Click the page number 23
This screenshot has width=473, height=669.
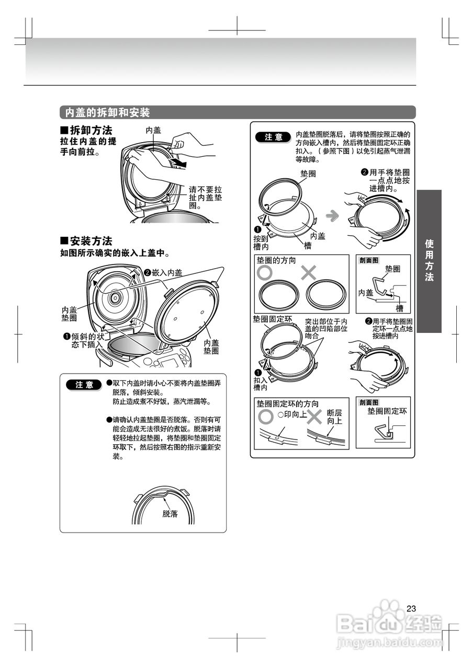(x=411, y=608)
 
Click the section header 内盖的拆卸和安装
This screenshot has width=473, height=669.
(x=107, y=112)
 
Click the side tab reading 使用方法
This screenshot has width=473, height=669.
(x=429, y=260)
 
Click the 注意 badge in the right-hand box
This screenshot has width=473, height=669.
(x=273, y=137)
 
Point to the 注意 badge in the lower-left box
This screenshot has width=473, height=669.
(x=84, y=385)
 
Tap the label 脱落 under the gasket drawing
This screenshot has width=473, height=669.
(x=170, y=513)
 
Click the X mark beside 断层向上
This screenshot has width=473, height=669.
(x=314, y=417)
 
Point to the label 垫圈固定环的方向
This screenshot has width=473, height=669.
(x=287, y=404)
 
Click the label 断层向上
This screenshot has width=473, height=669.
(x=334, y=417)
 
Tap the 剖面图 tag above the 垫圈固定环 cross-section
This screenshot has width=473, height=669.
(x=369, y=402)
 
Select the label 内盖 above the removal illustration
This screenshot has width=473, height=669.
(x=153, y=130)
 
